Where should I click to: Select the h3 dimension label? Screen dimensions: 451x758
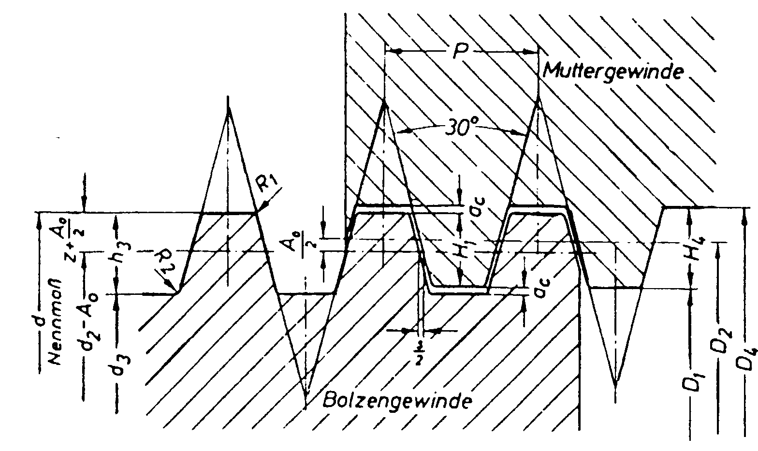coord(116,251)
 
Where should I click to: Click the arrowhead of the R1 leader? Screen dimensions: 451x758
coord(260,208)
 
